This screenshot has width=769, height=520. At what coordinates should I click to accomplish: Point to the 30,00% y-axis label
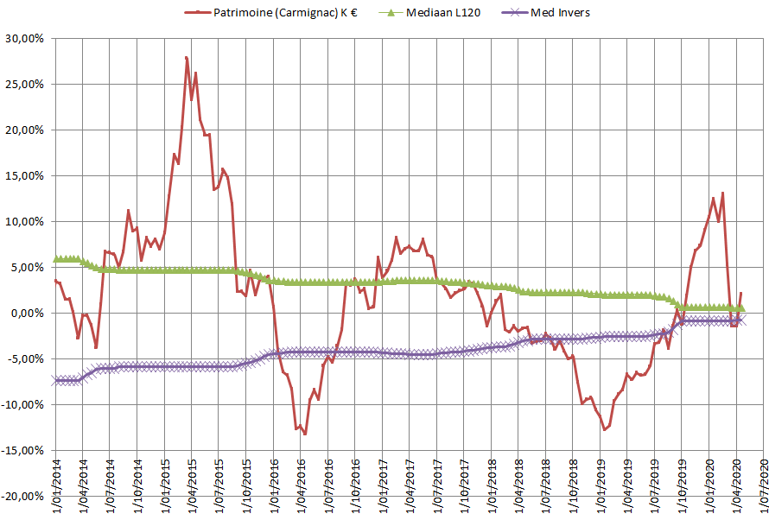(26, 39)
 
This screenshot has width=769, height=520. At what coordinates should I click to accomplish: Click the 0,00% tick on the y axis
(29, 313)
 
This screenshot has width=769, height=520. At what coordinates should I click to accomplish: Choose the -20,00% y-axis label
(24, 496)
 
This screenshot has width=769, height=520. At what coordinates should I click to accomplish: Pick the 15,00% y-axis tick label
(26, 175)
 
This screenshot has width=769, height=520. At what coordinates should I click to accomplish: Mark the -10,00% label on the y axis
(24, 404)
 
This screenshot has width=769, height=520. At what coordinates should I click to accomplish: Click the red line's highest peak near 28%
(186, 57)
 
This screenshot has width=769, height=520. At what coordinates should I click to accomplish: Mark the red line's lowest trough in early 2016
(305, 434)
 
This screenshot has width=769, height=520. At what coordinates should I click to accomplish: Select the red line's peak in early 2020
(722, 193)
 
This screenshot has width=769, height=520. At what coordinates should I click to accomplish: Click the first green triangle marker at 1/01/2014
(55, 259)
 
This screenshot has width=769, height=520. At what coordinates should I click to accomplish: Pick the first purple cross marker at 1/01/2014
(55, 380)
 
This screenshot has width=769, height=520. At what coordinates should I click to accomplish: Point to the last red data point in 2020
(741, 293)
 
